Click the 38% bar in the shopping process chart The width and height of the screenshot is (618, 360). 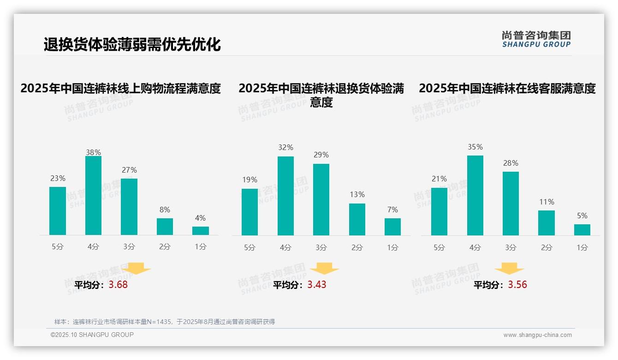pyautogui.click(x=93, y=196)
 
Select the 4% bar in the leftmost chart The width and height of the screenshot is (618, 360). pyautogui.click(x=201, y=231)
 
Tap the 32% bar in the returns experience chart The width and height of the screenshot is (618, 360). pyautogui.click(x=285, y=196)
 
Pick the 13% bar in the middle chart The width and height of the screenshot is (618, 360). pyautogui.click(x=357, y=219)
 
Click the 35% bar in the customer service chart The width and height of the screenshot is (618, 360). pyautogui.click(x=475, y=196)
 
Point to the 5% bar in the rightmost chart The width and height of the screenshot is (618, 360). pyautogui.click(x=582, y=230)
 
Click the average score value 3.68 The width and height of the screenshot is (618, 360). pyautogui.click(x=118, y=285)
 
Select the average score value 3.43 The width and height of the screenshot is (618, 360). pyautogui.click(x=317, y=285)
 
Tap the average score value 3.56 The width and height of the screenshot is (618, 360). pyautogui.click(x=517, y=285)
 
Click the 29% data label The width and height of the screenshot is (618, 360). pyautogui.click(x=321, y=155)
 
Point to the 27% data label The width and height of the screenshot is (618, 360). pyautogui.click(x=129, y=170)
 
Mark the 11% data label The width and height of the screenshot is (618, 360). pyautogui.click(x=547, y=202)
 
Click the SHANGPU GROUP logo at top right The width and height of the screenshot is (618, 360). pyautogui.click(x=536, y=39)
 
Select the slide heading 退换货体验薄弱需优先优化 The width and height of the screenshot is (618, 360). pyautogui.click(x=132, y=45)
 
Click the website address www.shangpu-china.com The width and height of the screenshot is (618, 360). pyautogui.click(x=537, y=335)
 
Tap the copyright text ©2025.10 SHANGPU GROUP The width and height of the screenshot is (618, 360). pyautogui.click(x=92, y=335)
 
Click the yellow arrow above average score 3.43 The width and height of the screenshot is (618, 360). pyautogui.click(x=324, y=269)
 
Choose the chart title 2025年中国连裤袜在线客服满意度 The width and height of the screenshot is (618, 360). pyautogui.click(x=507, y=88)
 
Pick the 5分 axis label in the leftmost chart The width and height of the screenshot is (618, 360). pyautogui.click(x=58, y=247)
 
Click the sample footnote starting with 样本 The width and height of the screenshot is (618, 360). pyautogui.click(x=164, y=322)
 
